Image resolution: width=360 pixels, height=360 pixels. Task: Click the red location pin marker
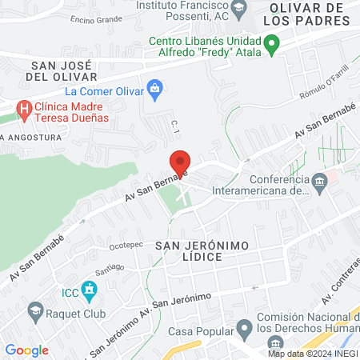pyautogui.click(x=180, y=163)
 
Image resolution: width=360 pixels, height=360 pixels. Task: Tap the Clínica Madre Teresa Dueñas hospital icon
pyautogui.click(x=25, y=110)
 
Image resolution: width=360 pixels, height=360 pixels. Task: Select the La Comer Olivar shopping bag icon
pyautogui.click(x=156, y=86)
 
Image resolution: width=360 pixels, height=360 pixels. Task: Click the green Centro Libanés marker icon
pyautogui.click(x=271, y=44)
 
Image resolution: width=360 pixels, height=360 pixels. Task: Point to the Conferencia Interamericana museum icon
pyautogui.click(x=320, y=184)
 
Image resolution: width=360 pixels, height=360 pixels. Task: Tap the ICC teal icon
pyautogui.click(x=88, y=290)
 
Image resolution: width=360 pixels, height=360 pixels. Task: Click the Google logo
pyautogui.click(x=26, y=350)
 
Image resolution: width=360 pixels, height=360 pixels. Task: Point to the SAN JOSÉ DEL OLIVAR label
pyautogui.click(x=62, y=70)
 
